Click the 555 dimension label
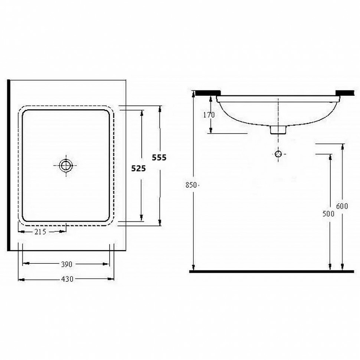(159, 157)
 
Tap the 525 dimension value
(139, 168)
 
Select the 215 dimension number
(40, 232)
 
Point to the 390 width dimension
(67, 264)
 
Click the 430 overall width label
(67, 279)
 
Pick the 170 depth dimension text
(209, 115)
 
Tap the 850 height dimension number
(191, 185)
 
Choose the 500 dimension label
(328, 214)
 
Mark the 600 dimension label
(342, 206)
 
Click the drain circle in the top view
(66, 165)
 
